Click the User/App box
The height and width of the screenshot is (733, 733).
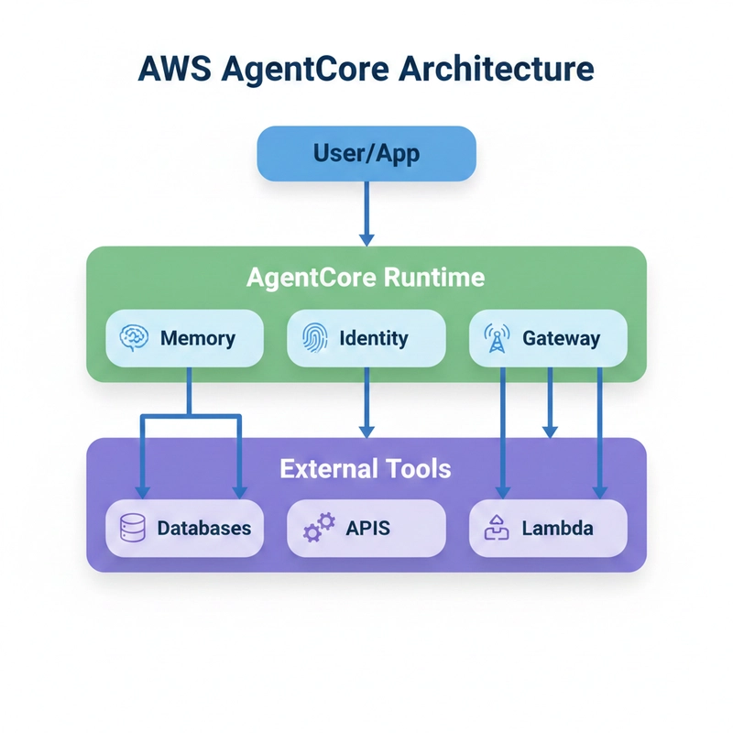click(366, 152)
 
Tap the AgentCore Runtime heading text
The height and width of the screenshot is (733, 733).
click(366, 278)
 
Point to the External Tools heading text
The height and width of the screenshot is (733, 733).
click(366, 469)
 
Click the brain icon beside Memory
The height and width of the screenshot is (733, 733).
click(134, 338)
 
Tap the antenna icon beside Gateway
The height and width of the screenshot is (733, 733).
click(496, 339)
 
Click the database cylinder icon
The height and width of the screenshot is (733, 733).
click(134, 528)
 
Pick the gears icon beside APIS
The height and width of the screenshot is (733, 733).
click(318, 529)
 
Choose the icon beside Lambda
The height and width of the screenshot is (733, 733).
click(496, 528)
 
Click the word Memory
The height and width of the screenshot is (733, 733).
click(197, 338)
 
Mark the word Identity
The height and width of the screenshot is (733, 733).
click(373, 338)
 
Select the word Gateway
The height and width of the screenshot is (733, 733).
click(561, 338)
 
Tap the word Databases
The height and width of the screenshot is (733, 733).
click(203, 528)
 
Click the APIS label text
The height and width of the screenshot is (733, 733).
click(367, 528)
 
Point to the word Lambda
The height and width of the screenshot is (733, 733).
click(557, 528)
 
